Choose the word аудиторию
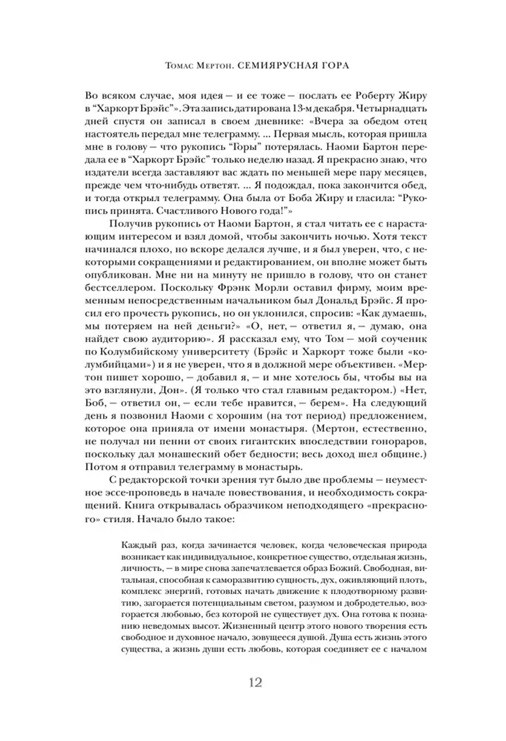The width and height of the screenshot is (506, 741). [x=164, y=339]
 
